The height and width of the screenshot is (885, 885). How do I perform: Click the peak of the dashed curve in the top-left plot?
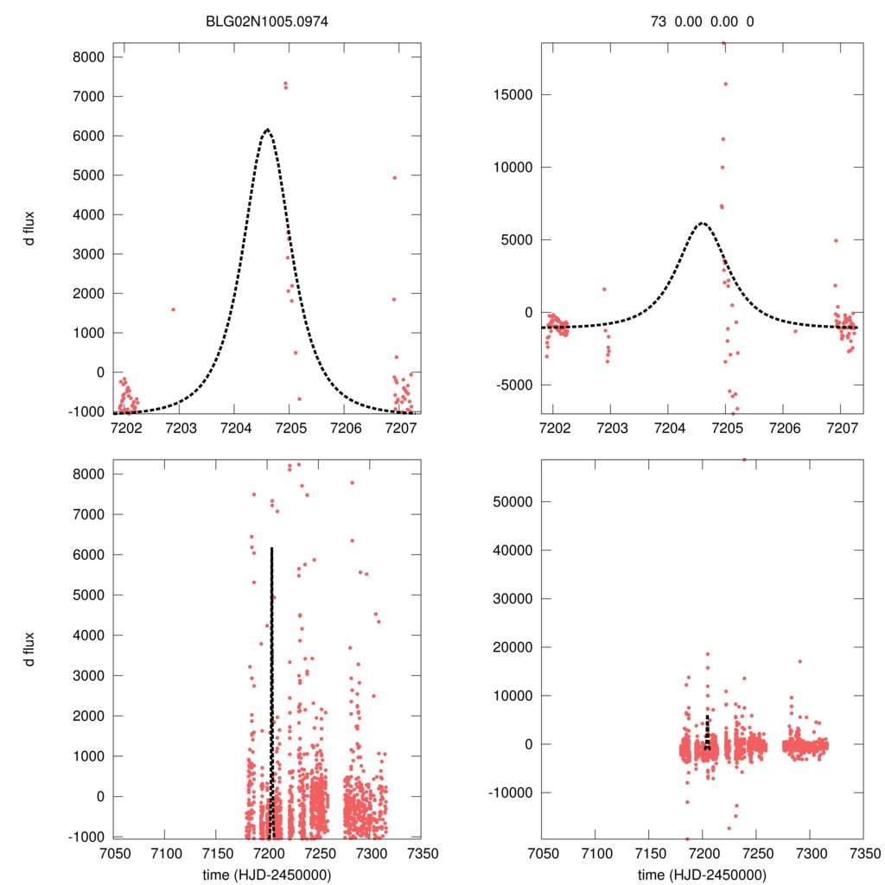click(267, 130)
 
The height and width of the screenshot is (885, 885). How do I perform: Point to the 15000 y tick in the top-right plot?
click(511, 94)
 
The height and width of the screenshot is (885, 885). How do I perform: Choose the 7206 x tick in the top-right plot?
click(783, 428)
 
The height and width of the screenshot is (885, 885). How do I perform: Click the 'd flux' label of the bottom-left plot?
click(29, 649)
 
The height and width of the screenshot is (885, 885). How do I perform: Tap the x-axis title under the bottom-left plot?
click(266, 874)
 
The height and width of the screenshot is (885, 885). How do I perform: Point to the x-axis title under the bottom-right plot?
click(702, 874)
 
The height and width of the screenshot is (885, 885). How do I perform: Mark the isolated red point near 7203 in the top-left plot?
click(173, 309)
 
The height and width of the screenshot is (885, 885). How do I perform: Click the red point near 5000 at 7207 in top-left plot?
click(394, 177)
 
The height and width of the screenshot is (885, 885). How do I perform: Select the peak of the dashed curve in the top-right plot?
click(701, 223)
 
